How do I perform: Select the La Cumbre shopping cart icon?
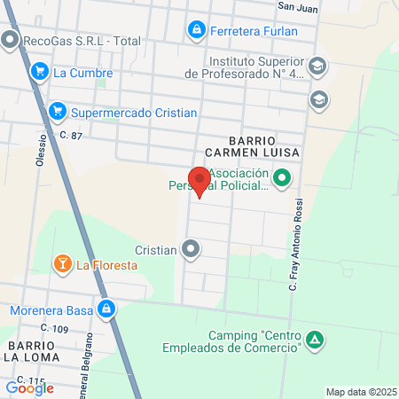click(39, 72)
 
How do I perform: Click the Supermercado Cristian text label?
click(133, 113)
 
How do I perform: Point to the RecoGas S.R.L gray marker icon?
click(10, 40)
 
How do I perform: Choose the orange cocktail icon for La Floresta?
click(62, 263)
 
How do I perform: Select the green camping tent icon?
click(315, 340)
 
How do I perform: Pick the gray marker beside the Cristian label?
click(190, 250)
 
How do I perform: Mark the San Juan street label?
click(298, 6)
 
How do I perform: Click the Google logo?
click(30, 387)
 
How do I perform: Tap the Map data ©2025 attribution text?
click(359, 392)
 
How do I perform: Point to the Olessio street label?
click(41, 145)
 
